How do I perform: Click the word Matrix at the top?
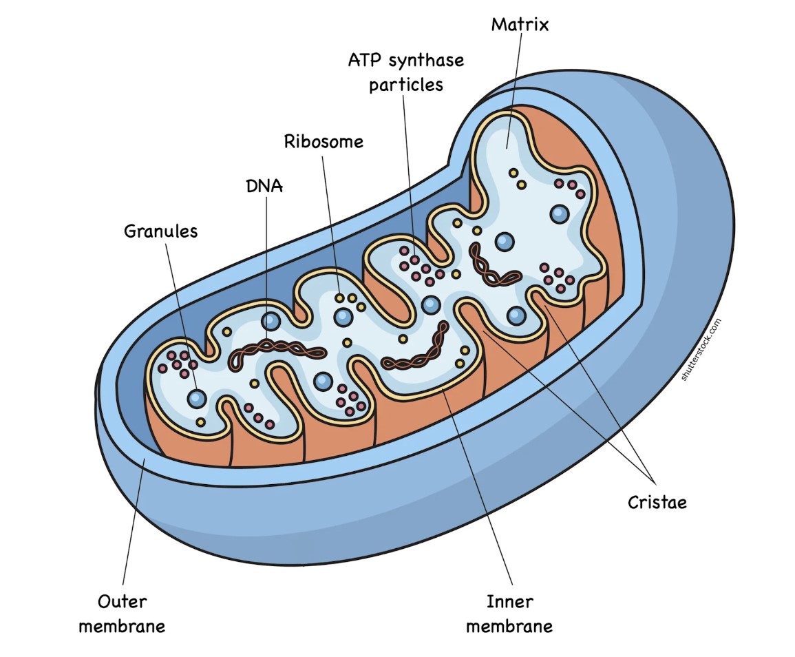point(520,25)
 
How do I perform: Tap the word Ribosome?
point(324,142)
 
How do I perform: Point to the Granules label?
point(160,231)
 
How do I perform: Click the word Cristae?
point(657,502)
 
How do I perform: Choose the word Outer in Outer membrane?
point(122,601)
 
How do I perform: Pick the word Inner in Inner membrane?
point(509,601)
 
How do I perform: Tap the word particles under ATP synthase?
point(405,85)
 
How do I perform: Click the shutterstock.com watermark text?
point(701,349)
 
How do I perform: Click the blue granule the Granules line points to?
point(197,397)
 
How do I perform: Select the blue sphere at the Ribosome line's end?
point(343,317)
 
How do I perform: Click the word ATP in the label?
point(364,61)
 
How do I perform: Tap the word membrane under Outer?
point(122,626)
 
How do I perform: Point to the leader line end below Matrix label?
point(507,146)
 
